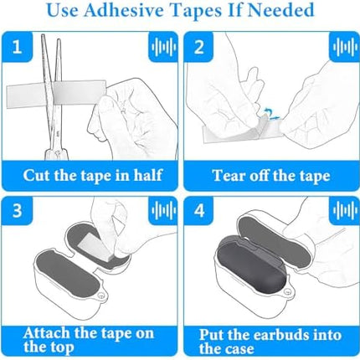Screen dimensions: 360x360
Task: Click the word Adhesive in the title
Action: (124, 10)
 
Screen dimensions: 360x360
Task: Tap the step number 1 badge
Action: (18, 47)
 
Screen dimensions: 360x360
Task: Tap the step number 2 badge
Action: (198, 47)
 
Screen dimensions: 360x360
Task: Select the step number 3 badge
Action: (18, 210)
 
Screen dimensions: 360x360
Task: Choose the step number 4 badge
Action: (198, 210)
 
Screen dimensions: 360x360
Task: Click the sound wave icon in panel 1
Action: (163, 47)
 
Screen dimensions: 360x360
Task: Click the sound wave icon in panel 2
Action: (345, 47)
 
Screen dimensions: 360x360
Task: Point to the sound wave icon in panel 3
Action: (163, 210)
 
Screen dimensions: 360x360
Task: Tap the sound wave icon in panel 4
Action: (345, 210)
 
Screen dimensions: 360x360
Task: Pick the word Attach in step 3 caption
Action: (47, 333)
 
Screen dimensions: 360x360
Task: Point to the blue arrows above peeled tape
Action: (270, 115)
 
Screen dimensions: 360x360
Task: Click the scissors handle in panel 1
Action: (57, 154)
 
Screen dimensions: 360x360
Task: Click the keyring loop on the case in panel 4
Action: (287, 292)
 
